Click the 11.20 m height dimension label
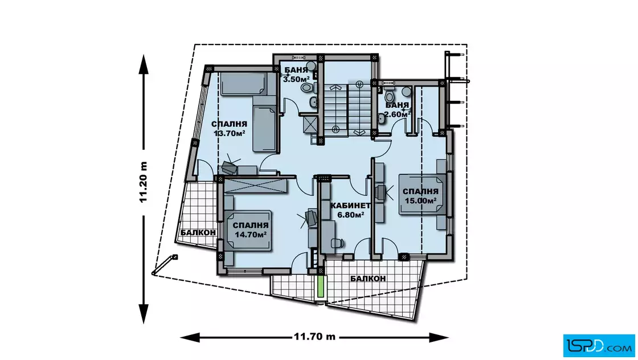click(x=143, y=182)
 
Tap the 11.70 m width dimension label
click(x=314, y=337)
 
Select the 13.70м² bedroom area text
click(x=229, y=133)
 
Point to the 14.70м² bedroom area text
click(x=251, y=234)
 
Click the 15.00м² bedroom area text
click(x=421, y=200)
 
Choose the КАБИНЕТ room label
click(x=350, y=206)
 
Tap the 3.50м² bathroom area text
click(x=296, y=79)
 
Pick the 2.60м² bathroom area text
click(x=396, y=114)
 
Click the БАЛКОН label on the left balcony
click(x=198, y=232)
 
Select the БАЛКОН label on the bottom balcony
click(x=368, y=279)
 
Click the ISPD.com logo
click(x=599, y=346)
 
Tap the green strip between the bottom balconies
click(x=321, y=287)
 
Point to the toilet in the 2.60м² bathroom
click(x=390, y=97)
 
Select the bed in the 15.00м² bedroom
click(x=422, y=194)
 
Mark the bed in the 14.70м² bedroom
click(x=248, y=230)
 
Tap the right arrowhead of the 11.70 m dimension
click(x=439, y=337)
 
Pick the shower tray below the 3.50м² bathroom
click(x=309, y=123)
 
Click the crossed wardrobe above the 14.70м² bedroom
click(x=255, y=186)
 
